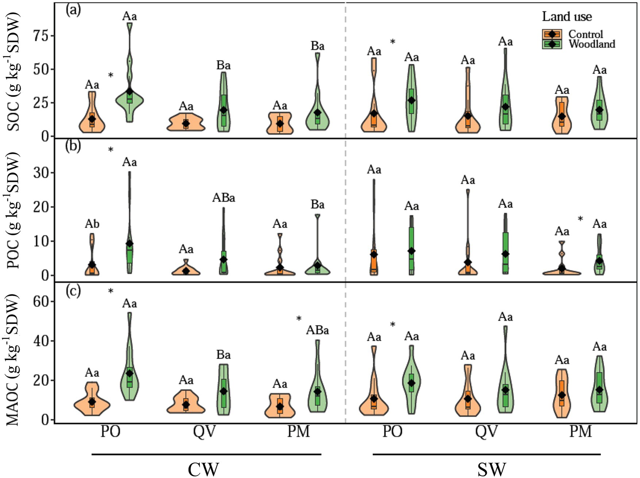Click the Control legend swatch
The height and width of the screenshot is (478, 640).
coord(552,34)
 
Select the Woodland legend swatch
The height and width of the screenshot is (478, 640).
coord(552,44)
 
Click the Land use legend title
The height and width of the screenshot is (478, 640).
coord(567,16)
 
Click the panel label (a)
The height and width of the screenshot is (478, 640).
coord(73,10)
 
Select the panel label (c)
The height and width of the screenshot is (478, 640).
coord(73,292)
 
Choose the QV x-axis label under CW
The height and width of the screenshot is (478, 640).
coord(205,432)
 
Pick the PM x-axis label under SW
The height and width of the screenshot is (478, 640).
coord(580,432)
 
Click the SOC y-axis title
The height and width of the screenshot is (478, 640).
coord(14,72)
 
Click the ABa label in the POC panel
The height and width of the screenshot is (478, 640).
coord(224,198)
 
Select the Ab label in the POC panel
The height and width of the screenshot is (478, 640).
coord(92,224)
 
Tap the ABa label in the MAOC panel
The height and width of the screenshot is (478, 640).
coord(317,330)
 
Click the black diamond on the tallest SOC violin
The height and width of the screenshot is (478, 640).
coord(130,91)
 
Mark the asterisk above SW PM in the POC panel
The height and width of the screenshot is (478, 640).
coord(580,219)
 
